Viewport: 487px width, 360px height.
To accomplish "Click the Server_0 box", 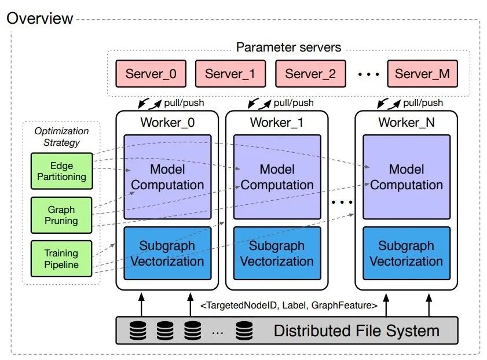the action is click(x=151, y=74).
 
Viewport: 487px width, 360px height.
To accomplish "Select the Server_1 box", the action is click(x=230, y=74).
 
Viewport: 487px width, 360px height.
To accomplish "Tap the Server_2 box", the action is click(x=310, y=74).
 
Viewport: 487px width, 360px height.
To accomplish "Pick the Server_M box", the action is click(x=422, y=74).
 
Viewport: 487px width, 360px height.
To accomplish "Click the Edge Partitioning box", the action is click(x=62, y=171).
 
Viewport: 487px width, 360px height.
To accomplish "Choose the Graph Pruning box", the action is click(x=61, y=215).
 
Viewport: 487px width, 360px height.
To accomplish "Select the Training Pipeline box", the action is click(x=61, y=259).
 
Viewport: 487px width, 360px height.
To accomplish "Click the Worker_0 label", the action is click(x=167, y=123).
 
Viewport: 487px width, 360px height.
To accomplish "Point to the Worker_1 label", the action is click(x=277, y=123).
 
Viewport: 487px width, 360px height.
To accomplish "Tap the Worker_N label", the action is click(x=407, y=123).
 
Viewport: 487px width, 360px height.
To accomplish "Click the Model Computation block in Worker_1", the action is click(x=277, y=177).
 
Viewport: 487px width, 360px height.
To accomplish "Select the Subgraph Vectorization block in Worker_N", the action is click(x=407, y=254).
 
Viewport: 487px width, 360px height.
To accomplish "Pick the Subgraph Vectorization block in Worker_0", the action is click(x=168, y=254).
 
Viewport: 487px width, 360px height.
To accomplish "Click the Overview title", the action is click(x=40, y=18).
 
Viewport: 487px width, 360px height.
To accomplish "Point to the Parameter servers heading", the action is click(x=288, y=47).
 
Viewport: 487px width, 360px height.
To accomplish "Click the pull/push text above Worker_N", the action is click(x=423, y=102).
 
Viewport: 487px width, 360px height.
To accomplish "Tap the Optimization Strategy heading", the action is click(x=61, y=137).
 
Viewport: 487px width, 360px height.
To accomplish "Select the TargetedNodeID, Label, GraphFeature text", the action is click(x=289, y=306).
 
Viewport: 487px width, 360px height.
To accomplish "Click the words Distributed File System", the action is click(x=357, y=330).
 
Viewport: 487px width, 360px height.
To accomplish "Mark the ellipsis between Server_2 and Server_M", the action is click(x=368, y=74).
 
